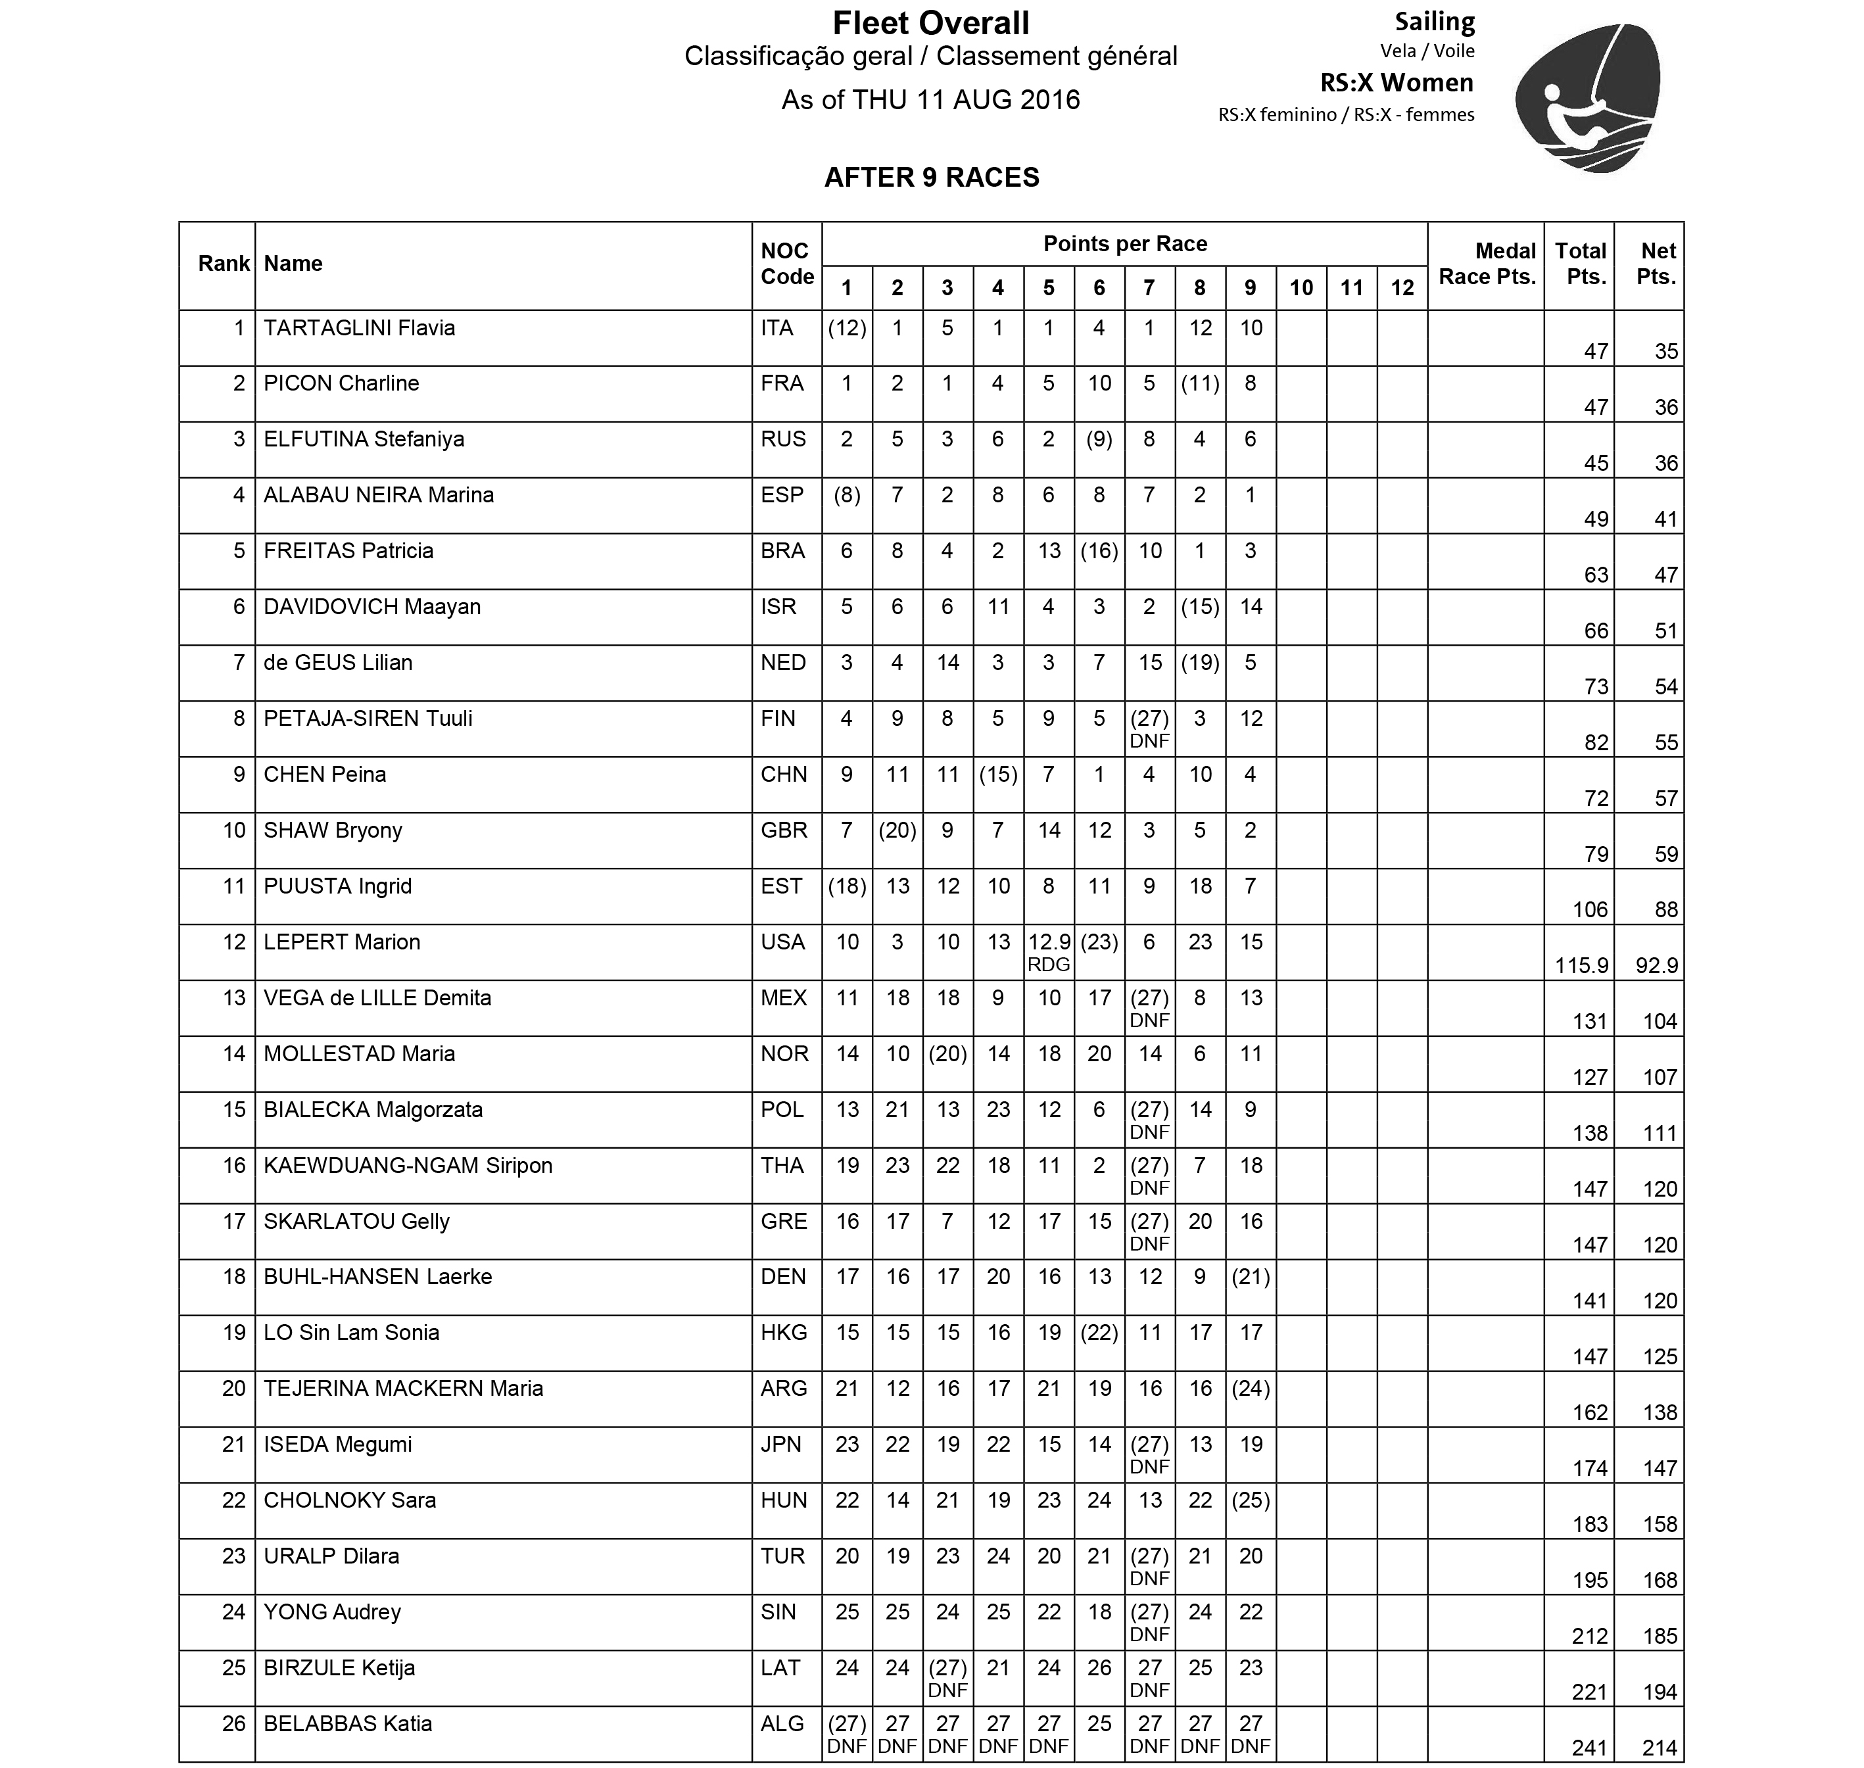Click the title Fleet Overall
coord(930,22)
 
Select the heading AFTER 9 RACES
coord(931,177)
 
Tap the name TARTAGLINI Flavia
coord(359,328)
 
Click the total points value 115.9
coord(1581,965)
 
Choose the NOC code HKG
coord(783,1333)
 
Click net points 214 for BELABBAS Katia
coord(1659,1748)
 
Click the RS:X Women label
coord(1396,83)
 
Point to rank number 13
coord(233,998)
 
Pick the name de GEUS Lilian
coord(337,663)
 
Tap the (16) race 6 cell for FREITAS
coord(1099,552)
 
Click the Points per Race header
coord(1124,244)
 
